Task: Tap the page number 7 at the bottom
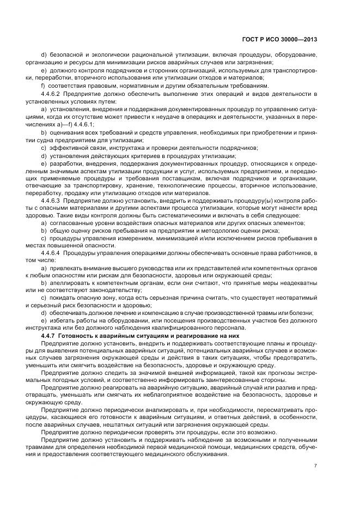coord(316,465)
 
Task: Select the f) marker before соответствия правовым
coord(43,86)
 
